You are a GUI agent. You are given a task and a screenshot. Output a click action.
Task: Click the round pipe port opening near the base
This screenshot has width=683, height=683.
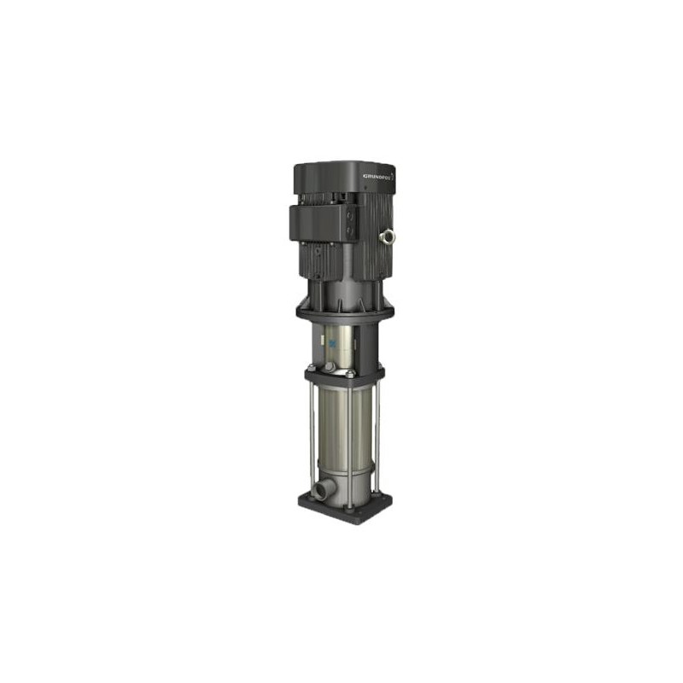coord(318,491)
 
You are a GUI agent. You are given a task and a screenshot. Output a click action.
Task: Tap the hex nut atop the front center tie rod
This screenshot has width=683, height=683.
coord(349,373)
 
